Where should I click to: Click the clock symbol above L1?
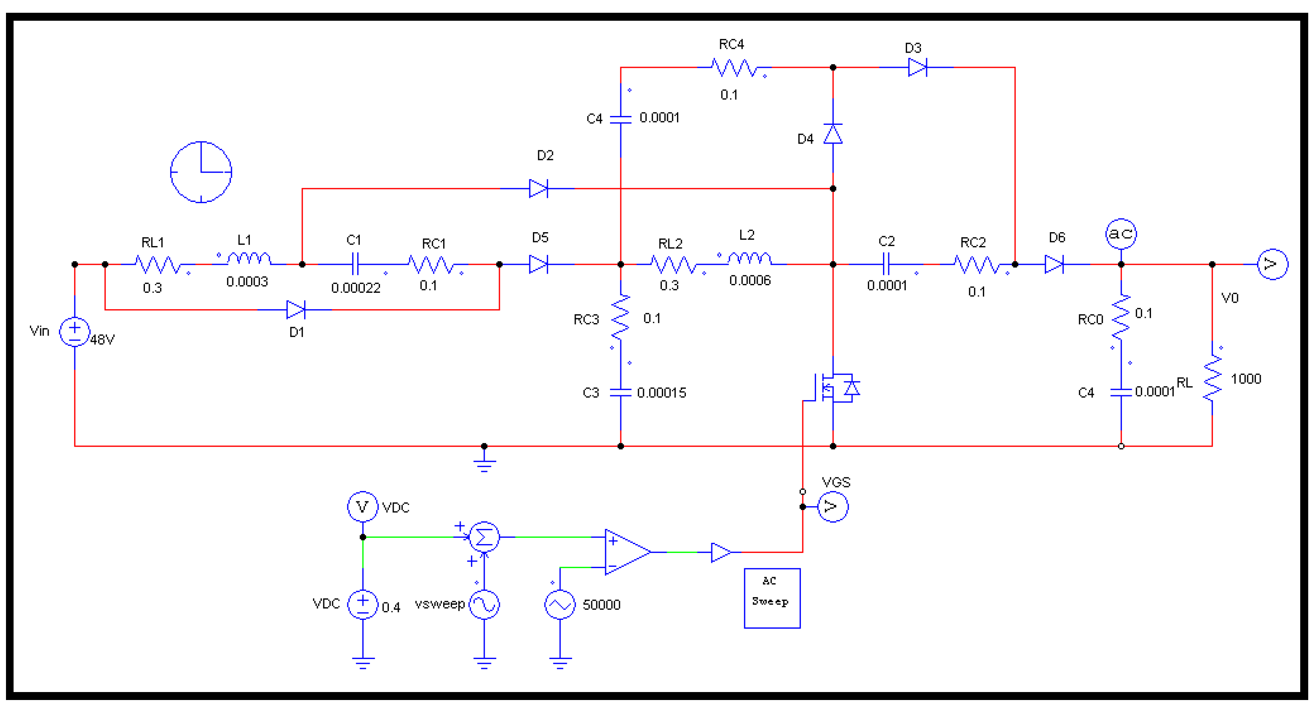201,172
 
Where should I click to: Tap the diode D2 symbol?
539,188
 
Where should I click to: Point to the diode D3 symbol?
917,67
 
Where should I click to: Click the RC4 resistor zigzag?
734,67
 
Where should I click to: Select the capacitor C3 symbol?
620,392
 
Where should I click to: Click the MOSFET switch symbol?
832,389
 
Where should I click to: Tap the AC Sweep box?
772,598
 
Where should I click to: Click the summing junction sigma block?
484,536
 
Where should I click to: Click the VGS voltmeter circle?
833,507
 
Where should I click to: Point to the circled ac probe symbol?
1121,234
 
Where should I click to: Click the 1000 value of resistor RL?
1246,379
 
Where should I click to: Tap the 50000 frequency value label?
601,605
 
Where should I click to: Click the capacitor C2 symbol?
886,264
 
